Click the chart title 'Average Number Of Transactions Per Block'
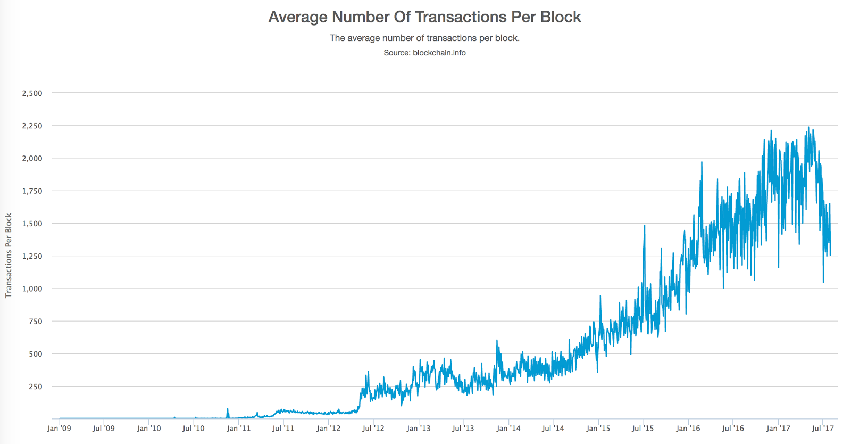(x=424, y=17)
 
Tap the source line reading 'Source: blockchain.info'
(x=424, y=53)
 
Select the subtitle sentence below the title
(x=424, y=38)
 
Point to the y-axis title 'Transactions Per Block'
(x=9, y=256)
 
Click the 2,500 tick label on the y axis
(x=32, y=93)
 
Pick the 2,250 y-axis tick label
(x=32, y=126)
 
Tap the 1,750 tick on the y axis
(x=32, y=191)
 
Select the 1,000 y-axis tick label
(x=32, y=289)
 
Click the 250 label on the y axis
(x=35, y=387)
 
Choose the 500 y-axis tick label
(x=35, y=354)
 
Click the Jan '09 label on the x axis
(x=59, y=428)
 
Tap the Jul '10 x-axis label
(x=193, y=428)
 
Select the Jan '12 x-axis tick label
(x=328, y=428)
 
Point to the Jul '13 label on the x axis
(x=463, y=428)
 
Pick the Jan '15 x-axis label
(x=598, y=428)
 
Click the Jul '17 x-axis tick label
(x=823, y=428)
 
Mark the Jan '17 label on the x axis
(x=778, y=428)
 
